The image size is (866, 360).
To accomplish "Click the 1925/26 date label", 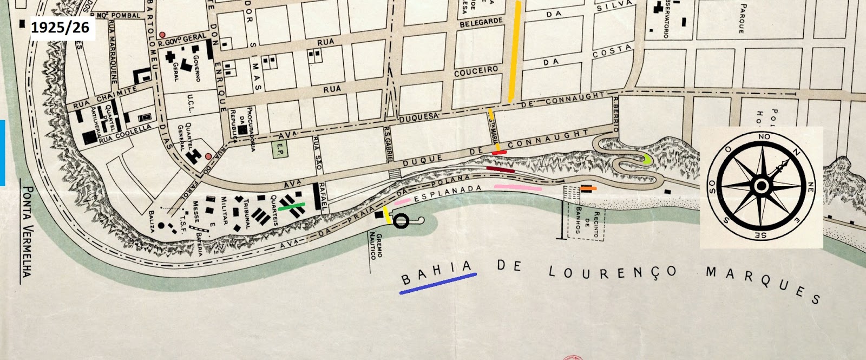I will pos(60,28).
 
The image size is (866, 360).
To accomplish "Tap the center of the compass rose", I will pos(762,187).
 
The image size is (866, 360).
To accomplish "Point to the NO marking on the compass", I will pos(764,137).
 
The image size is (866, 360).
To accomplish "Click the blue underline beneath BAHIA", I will pos(438,284).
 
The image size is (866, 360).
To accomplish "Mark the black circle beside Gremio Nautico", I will pos(401,221).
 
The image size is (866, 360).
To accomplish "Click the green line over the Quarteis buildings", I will pos(292,206).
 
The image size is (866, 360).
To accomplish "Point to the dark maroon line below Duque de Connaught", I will pos(500,169).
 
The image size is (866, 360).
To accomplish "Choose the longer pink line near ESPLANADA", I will pos(518,188).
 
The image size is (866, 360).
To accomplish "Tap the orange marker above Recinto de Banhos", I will pos(588,188).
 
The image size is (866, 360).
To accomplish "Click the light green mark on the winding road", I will pos(647,159).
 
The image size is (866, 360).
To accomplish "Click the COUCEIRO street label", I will pos(476,71).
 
